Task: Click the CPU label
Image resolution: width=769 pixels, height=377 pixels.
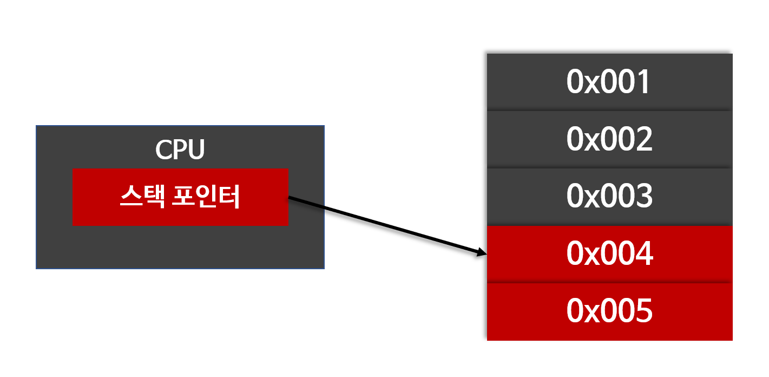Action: tap(180, 150)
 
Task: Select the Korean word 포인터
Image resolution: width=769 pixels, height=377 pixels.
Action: tap(205, 198)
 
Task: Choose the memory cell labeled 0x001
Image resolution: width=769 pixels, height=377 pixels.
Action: tap(609, 82)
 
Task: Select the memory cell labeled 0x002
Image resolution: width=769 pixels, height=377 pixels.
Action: tap(609, 139)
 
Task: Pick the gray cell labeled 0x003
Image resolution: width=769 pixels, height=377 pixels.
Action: tap(609, 197)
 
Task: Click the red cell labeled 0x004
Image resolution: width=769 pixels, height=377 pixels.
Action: tap(609, 254)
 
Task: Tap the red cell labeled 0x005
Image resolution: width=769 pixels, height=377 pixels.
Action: tap(609, 311)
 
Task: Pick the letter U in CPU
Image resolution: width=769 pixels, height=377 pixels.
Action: tap(195, 150)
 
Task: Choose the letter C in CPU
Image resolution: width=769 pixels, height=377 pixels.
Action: tap(163, 150)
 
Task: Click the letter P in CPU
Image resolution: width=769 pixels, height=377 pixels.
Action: tap(180, 150)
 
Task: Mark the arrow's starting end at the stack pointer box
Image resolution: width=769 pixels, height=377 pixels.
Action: tap(291, 199)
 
